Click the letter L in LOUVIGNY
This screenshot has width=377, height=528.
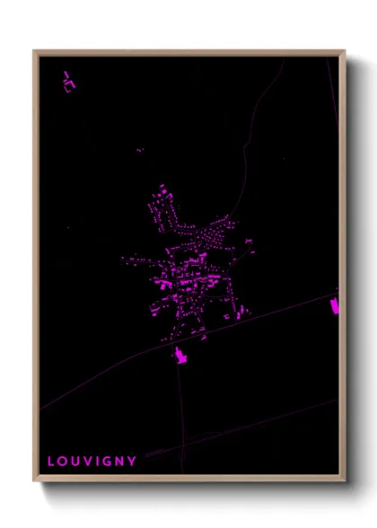pos(51,462)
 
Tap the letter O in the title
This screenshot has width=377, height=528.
pos(63,462)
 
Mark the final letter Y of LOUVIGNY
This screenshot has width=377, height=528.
pos(132,462)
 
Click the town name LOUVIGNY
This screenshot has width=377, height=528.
pos(92,462)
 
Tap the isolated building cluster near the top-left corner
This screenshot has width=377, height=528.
pos(69,82)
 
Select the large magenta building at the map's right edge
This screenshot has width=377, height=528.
pos(336,305)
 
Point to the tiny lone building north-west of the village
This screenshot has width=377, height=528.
pos(140,150)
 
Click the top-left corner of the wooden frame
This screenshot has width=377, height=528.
pos(35,51)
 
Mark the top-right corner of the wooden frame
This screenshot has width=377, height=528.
pos(344,51)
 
